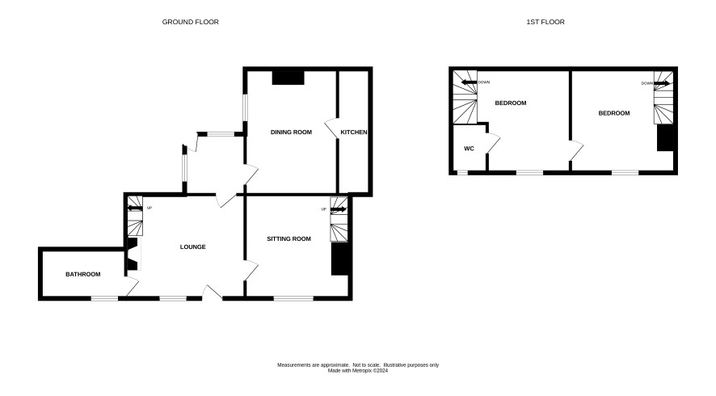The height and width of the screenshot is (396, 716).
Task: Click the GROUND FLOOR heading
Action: tap(191, 22)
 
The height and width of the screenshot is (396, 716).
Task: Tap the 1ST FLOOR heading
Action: tap(545, 22)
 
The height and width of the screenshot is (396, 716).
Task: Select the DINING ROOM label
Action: tap(292, 132)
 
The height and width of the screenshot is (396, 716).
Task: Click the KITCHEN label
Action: tap(354, 132)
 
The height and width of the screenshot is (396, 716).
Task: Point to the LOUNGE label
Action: tap(192, 246)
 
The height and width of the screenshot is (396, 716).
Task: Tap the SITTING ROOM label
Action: tap(289, 238)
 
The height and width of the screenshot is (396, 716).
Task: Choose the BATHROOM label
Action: tap(83, 274)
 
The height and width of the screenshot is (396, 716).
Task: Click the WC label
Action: tap(469, 149)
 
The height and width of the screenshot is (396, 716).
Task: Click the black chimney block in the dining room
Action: tap(289, 78)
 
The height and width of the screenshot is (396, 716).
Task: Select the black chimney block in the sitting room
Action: tap(339, 259)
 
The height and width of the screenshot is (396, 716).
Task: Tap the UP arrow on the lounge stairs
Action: tap(135, 209)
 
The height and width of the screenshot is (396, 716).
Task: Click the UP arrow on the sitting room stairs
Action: tap(339, 209)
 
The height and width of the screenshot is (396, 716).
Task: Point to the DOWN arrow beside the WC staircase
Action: tap(469, 82)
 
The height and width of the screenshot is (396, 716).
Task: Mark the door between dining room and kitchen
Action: tap(331, 128)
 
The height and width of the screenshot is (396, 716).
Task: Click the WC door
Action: tap(494, 142)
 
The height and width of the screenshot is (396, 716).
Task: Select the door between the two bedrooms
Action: tap(577, 150)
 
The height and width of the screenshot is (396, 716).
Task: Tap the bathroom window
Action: tap(104, 299)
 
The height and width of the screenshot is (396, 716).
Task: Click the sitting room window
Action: tap(293, 299)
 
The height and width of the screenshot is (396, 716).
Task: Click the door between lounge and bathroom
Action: tap(132, 286)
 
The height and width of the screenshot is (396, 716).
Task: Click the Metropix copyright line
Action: tap(358, 371)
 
